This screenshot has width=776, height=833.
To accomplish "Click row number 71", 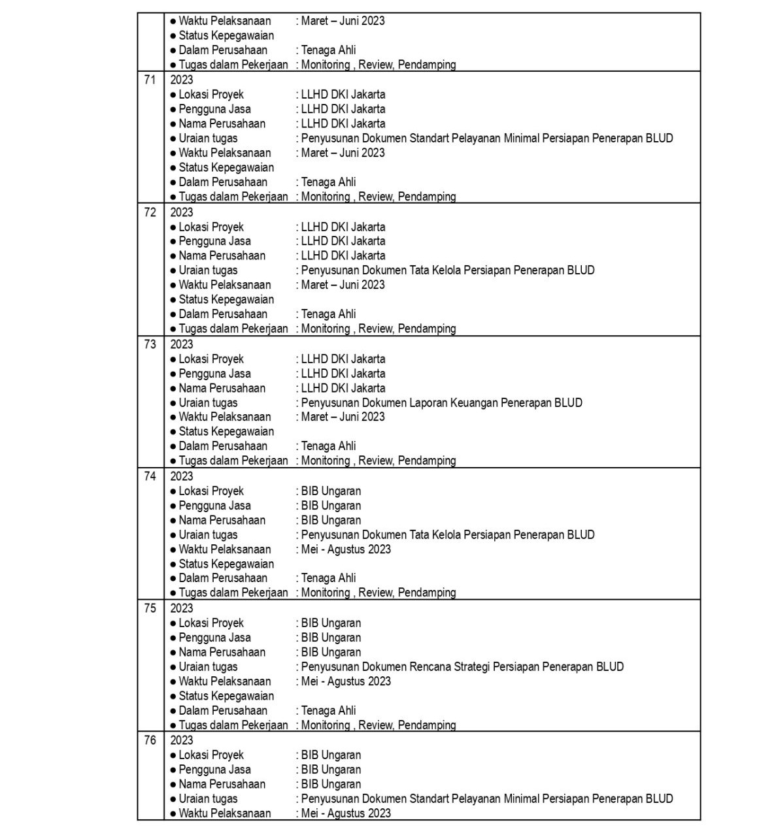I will (150, 80).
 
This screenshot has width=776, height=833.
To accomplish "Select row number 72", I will (150, 212).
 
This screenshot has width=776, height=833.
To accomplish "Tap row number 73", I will (150, 344).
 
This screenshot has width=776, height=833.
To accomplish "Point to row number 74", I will (150, 476).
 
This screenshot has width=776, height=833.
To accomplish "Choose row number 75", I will (150, 608).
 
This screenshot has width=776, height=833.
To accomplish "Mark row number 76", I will (150, 740).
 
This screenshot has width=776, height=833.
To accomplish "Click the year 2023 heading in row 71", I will (182, 80).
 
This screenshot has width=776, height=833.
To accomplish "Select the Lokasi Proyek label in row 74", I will (211, 491).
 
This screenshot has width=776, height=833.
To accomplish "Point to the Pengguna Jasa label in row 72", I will (214, 241).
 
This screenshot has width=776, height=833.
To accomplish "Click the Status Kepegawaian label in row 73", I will (226, 431).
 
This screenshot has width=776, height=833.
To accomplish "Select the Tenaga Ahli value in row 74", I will (328, 578).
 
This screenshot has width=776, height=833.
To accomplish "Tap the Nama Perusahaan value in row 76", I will (331, 784).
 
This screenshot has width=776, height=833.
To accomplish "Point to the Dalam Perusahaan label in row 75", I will (223, 710).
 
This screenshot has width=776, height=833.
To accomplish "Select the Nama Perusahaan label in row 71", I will (222, 123).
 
